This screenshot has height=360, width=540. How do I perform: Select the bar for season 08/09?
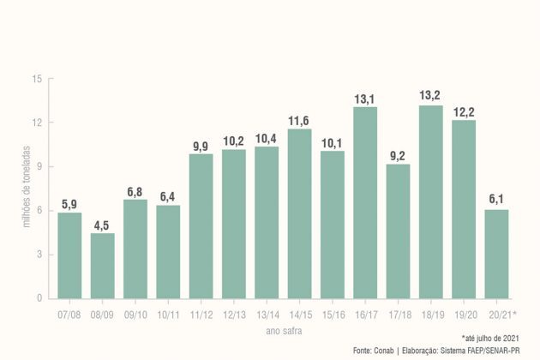[102, 266]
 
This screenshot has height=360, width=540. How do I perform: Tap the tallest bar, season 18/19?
[430, 202]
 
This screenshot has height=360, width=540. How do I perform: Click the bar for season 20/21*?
[496, 254]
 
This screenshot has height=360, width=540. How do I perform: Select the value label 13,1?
[365, 99]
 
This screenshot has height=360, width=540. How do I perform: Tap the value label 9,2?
[398, 155]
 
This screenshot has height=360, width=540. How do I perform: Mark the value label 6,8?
[135, 191]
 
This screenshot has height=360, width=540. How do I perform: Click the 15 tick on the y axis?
[37, 79]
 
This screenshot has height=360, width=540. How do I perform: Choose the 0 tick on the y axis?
[39, 298]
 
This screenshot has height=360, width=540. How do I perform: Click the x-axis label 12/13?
[233, 314]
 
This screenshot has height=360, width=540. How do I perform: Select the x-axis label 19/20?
[464, 314]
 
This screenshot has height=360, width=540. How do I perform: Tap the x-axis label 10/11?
[168, 314]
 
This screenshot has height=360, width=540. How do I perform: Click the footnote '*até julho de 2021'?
[490, 339]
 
